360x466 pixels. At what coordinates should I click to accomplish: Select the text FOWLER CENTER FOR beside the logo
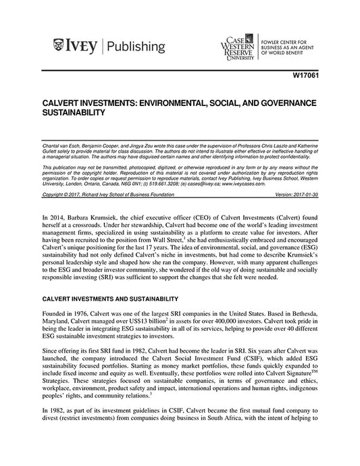(291, 40)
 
